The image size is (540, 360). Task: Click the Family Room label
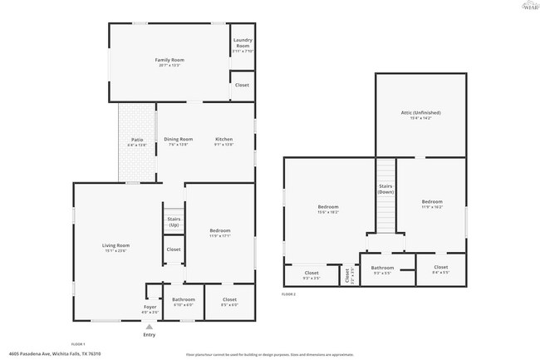point(169,61)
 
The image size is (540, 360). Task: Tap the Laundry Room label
point(242,42)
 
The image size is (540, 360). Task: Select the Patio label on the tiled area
point(137,140)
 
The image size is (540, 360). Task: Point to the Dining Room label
point(178,140)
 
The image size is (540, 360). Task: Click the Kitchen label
point(224,140)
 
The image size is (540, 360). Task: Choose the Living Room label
point(115,246)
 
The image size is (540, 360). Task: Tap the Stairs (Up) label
point(174,222)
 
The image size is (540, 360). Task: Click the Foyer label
point(150,308)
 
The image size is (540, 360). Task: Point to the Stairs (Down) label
point(385,189)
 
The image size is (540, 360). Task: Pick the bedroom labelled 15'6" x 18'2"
point(328,207)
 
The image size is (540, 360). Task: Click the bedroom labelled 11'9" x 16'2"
point(431,202)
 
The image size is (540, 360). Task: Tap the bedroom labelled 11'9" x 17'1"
point(219,231)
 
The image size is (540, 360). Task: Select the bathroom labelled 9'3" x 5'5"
point(383,269)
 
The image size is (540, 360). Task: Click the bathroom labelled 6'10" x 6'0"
point(183,300)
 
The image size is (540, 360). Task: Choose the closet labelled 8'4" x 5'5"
point(440,268)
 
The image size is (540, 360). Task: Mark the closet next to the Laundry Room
point(242,85)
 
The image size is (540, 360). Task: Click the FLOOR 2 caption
point(288,294)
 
